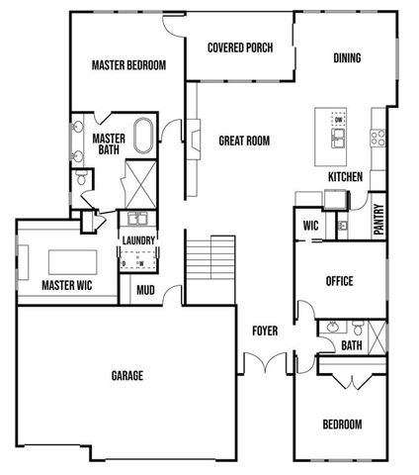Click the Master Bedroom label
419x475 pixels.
(128, 66)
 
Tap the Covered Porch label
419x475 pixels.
(240, 47)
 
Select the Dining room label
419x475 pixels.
(346, 57)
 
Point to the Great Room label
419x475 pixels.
(244, 142)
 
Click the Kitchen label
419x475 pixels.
(345, 177)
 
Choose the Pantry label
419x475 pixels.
(377, 220)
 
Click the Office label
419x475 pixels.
(339, 281)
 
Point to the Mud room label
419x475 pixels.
(145, 291)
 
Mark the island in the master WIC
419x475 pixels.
(66, 259)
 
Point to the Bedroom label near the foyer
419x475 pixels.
(342, 425)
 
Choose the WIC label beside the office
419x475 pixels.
(310, 226)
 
